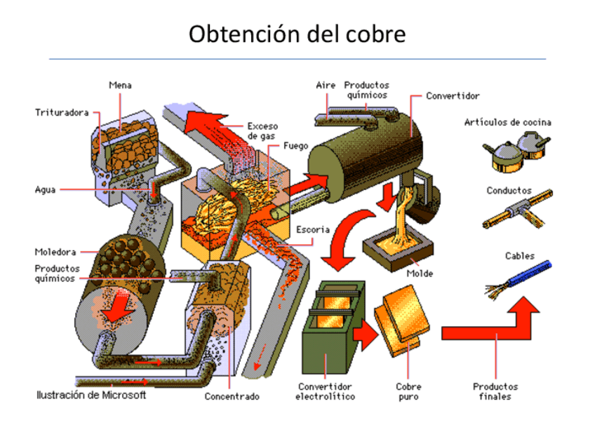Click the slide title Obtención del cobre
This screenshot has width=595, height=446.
297,34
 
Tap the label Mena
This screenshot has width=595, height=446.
120,86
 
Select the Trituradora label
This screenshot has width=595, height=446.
62,112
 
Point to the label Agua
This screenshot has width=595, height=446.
46,189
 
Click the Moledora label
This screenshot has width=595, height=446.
55,251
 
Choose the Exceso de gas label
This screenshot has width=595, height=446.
262,131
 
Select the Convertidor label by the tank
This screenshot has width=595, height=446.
453,95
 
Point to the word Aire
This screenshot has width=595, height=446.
325,85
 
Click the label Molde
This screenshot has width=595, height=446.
420,273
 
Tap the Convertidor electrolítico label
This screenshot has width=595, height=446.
326,391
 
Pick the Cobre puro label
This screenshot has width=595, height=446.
408,391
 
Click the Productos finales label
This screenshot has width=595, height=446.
495,391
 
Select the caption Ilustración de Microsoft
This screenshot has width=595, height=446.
91,396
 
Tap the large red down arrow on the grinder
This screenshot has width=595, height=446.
117,306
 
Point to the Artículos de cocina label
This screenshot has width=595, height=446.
507,122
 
